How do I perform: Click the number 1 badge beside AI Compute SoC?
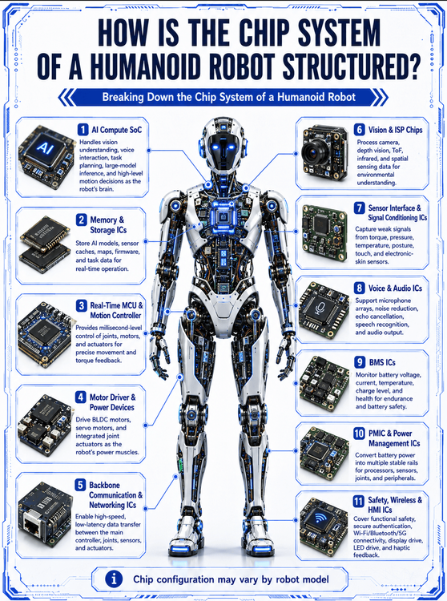pos(83,129)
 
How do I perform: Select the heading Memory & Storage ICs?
pos(107,225)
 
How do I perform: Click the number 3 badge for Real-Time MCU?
pos(81,305)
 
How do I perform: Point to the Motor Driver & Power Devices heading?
pos(112,402)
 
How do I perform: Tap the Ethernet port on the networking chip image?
pos(33,522)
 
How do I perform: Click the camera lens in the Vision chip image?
pos(316,152)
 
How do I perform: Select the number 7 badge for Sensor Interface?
pos(360,208)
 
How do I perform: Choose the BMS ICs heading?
pos(382,362)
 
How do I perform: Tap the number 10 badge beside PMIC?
pos(359,434)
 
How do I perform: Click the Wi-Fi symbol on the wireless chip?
pos(320,519)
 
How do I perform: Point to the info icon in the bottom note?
pos(114,579)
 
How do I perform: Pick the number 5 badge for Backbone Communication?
pos(80,485)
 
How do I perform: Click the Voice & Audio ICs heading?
pos(395,288)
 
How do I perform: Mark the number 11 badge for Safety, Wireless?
pos(359,501)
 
